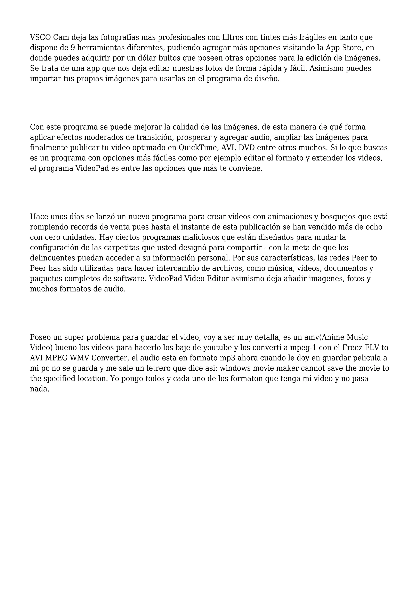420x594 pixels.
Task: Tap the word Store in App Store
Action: coord(353,48)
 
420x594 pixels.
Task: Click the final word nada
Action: coord(39,389)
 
